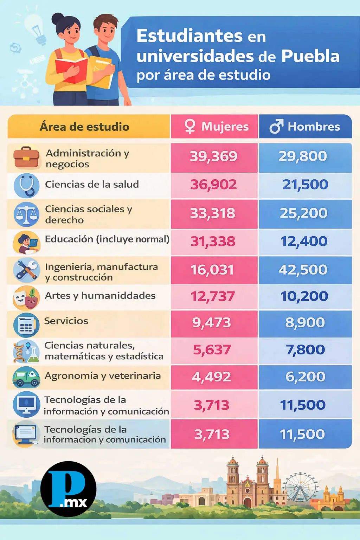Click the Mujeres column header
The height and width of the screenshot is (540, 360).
pyautogui.click(x=214, y=127)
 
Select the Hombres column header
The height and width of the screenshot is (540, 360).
pyautogui.click(x=305, y=127)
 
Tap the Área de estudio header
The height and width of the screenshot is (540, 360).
pyautogui.click(x=85, y=127)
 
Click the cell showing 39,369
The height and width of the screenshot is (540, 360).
pyautogui.click(x=214, y=156)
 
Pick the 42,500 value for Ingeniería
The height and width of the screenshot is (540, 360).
pyautogui.click(x=303, y=270)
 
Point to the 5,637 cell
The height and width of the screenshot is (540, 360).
pyautogui.click(x=212, y=350)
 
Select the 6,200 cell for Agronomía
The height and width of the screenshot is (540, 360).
pyautogui.click(x=305, y=377)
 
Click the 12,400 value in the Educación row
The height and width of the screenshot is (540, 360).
pyautogui.click(x=304, y=242)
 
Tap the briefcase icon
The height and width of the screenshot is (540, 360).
pyautogui.click(x=26, y=158)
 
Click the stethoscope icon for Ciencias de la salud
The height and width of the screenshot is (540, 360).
pyautogui.click(x=26, y=185)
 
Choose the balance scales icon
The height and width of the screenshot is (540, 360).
pyautogui.click(x=26, y=214)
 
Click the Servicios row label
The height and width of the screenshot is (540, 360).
pyautogui.click(x=66, y=321)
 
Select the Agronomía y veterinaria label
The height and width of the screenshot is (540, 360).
pyautogui.click(x=103, y=376)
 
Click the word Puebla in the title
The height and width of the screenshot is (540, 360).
pyautogui.click(x=310, y=56)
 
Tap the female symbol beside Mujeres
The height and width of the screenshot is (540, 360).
pyautogui.click(x=190, y=127)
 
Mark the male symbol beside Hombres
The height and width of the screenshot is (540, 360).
pyautogui.click(x=276, y=127)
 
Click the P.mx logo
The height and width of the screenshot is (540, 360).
pyautogui.click(x=68, y=489)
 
